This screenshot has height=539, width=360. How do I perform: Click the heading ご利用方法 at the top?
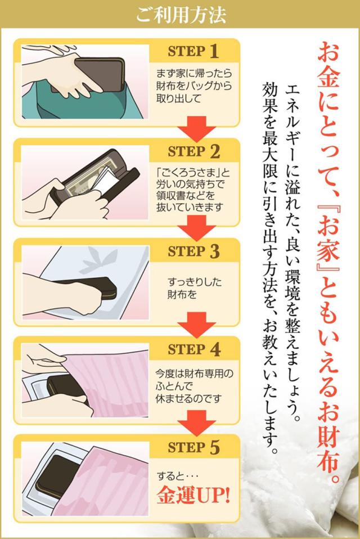181,14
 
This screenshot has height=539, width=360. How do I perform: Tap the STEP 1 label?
193,52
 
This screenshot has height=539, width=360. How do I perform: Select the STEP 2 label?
193,151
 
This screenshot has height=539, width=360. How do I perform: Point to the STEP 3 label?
193,251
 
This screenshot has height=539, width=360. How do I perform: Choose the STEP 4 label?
193,349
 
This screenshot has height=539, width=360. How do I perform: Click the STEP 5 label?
193,447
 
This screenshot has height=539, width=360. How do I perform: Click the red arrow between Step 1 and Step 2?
196,129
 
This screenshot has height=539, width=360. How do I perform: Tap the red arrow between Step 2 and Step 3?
196,228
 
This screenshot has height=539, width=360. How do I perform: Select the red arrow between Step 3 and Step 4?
196,325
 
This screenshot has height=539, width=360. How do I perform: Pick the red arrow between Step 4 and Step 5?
196,424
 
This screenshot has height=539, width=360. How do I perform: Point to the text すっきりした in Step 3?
195,282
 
